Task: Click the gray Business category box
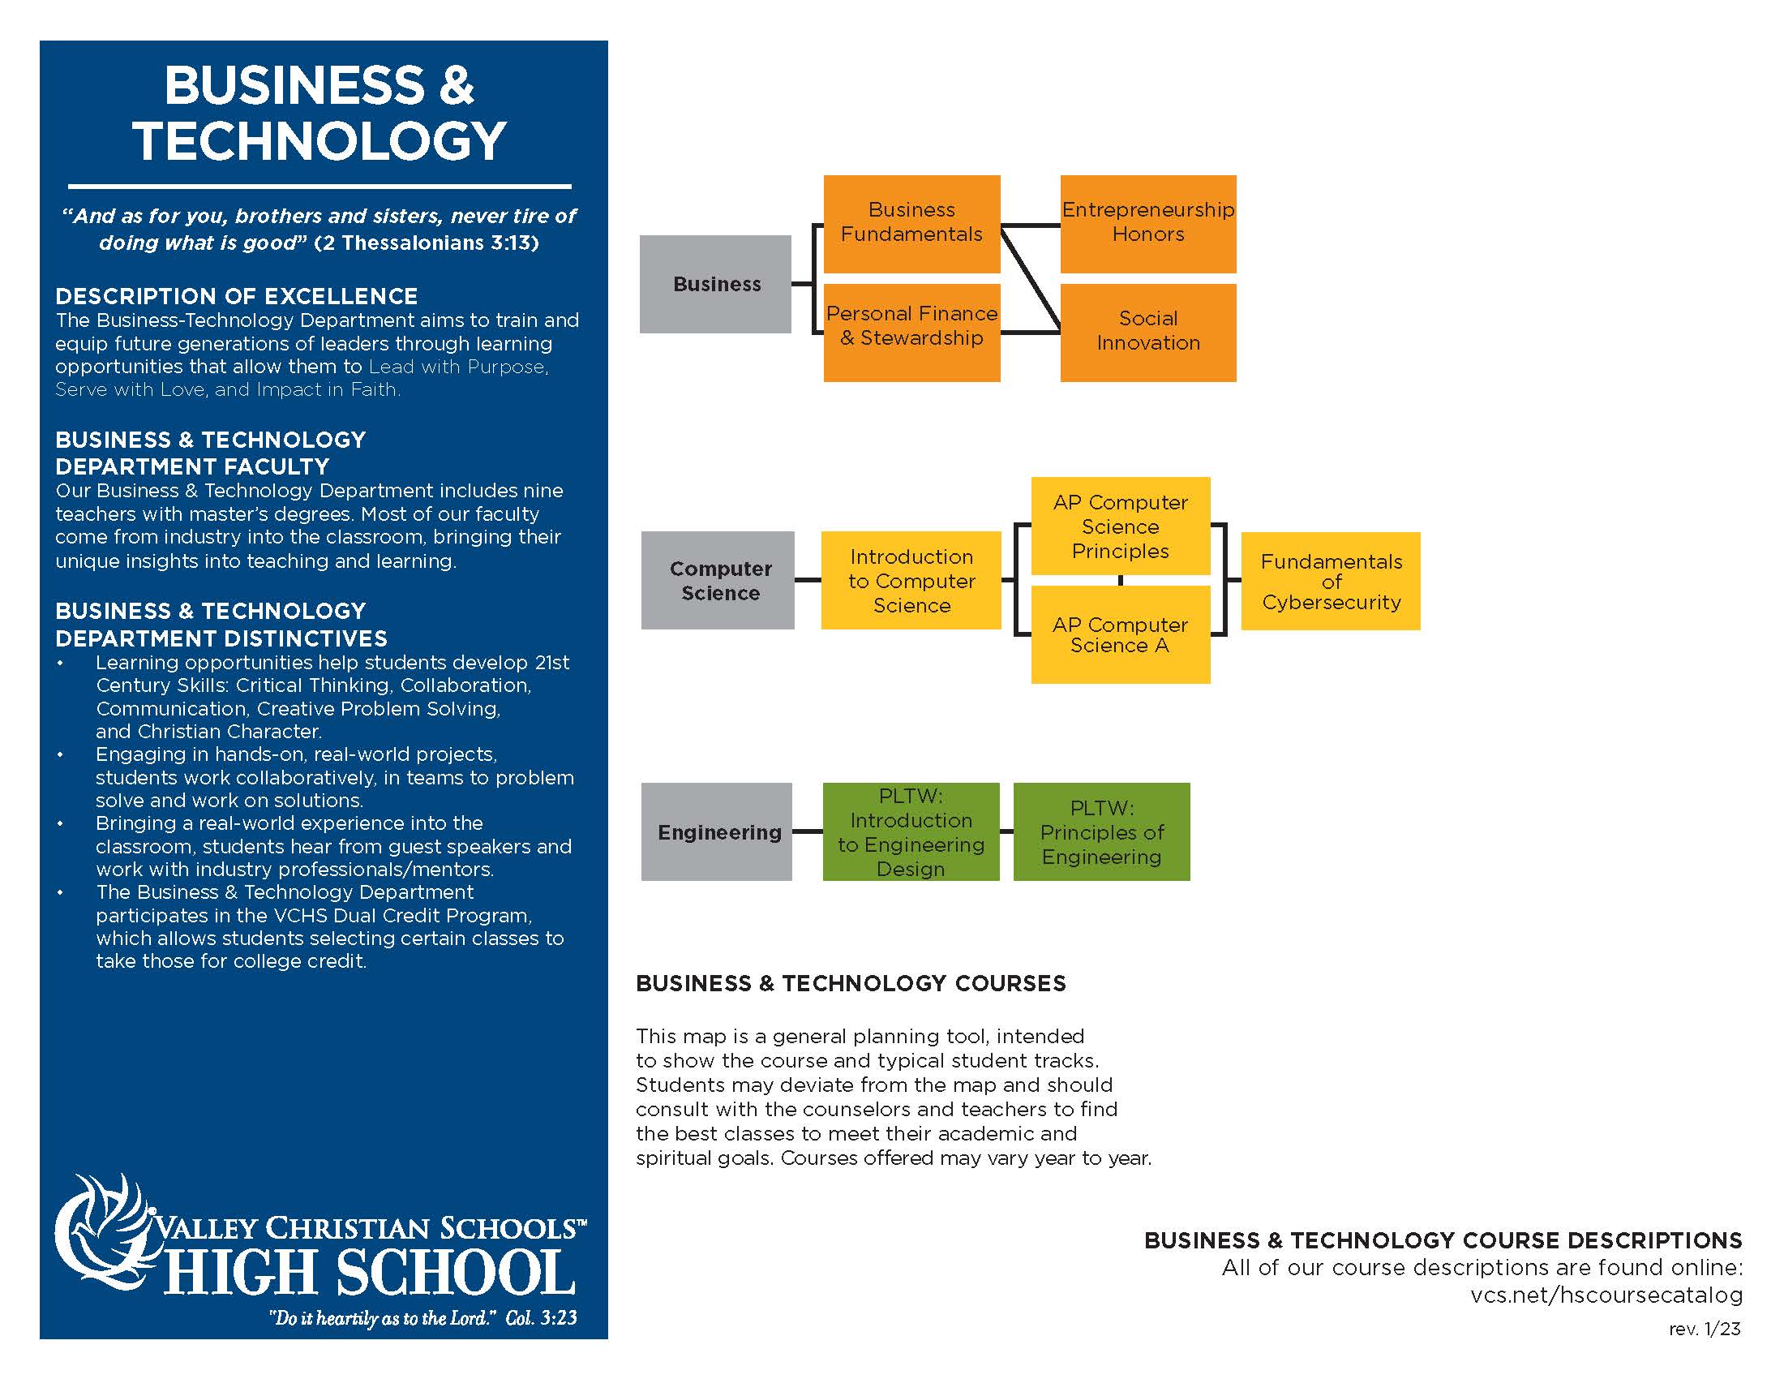(x=714, y=284)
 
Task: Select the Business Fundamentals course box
(x=911, y=223)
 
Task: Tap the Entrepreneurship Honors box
(x=1147, y=223)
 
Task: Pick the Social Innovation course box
(x=1147, y=332)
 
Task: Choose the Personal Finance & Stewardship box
(x=911, y=332)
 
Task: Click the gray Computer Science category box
(x=717, y=580)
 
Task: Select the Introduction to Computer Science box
(x=911, y=580)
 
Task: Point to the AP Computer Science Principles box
(x=1120, y=526)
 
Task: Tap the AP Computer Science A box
(x=1120, y=635)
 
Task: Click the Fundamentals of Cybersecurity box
(x=1331, y=581)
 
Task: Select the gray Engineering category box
(x=716, y=831)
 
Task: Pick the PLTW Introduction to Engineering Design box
(x=911, y=831)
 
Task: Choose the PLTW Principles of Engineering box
(x=1101, y=831)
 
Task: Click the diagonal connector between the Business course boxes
(x=1030, y=279)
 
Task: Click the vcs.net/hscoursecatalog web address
(x=1606, y=1295)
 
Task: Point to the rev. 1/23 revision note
(x=1704, y=1330)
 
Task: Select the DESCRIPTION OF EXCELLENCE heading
(x=236, y=296)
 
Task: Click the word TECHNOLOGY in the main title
(x=319, y=140)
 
